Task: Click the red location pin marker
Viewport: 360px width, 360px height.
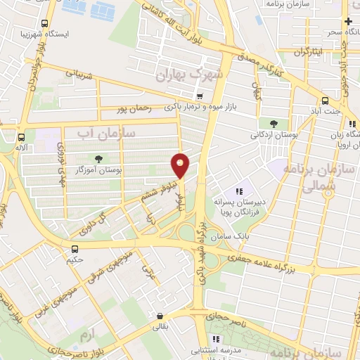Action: click(x=181, y=165)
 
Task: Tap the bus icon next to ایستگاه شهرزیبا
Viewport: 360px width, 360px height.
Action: click(x=46, y=24)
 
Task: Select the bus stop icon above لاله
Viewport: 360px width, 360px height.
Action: click(x=21, y=138)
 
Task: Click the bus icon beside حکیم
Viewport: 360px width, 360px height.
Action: click(x=75, y=248)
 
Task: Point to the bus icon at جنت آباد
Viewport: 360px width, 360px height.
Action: click(x=325, y=101)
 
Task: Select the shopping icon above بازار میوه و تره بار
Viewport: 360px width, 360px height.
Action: click(x=200, y=96)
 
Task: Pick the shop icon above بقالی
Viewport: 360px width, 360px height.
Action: click(x=161, y=316)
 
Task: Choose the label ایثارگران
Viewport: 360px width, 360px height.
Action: click(x=292, y=53)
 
